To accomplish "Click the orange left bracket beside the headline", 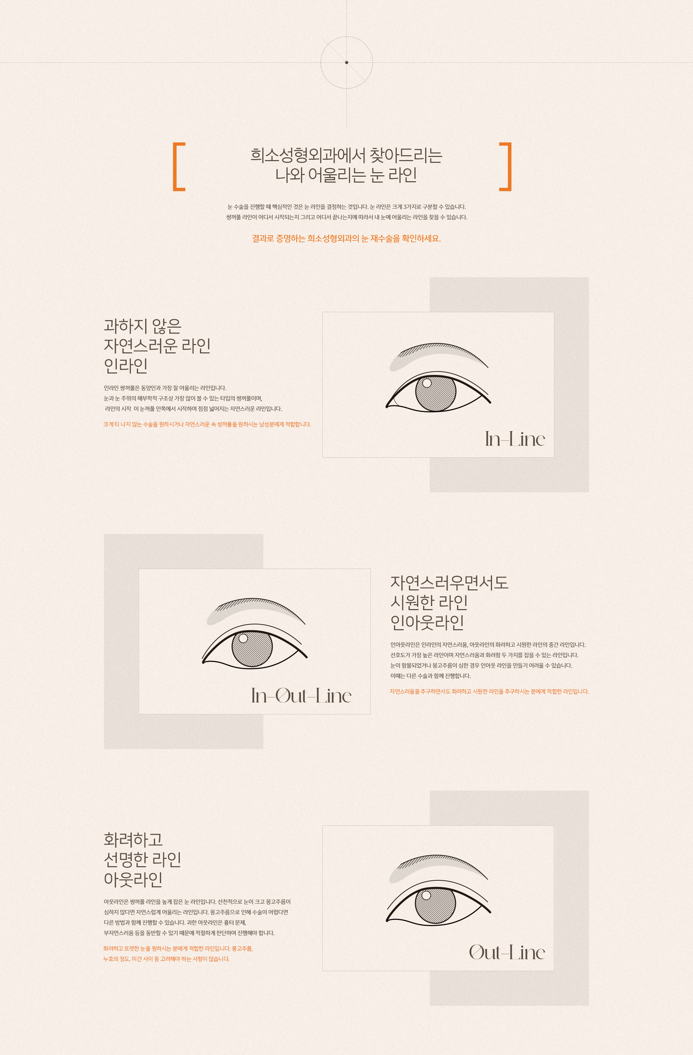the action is point(174,167).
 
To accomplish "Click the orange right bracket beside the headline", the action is point(510,167).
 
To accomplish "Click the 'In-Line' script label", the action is point(515,439).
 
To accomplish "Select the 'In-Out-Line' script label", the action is point(301,695).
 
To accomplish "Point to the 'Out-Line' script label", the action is point(507,952).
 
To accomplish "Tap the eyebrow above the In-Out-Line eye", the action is point(255,610).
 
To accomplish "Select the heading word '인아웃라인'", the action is point(428,622).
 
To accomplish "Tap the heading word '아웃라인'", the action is point(133,879).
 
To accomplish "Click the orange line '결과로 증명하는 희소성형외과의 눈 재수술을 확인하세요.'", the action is point(346,238).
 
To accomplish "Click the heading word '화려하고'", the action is point(133,839).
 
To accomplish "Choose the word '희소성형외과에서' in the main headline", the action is point(307,155).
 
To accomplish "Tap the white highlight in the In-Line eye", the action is point(427,383).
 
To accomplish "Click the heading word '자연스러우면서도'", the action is point(449,582).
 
